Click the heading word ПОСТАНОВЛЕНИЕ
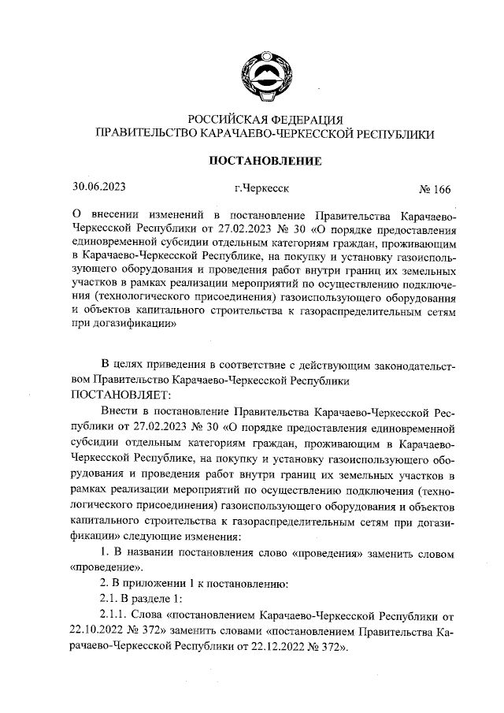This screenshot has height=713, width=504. (264, 162)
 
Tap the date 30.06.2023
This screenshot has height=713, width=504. (99, 188)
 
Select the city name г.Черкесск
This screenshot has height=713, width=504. (261, 189)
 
